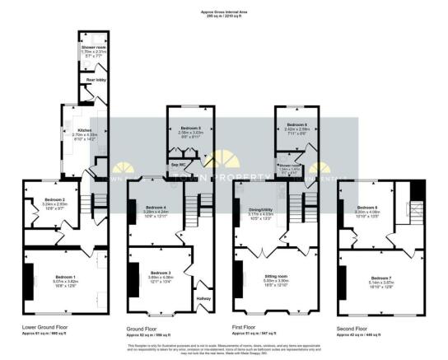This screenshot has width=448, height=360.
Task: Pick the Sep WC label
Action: (176, 165)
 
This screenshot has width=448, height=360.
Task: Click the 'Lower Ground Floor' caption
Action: (47, 327)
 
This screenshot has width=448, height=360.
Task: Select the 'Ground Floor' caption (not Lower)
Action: (145, 327)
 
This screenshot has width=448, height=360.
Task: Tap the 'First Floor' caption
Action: (250, 327)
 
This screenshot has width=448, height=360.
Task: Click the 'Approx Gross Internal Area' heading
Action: (223, 11)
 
